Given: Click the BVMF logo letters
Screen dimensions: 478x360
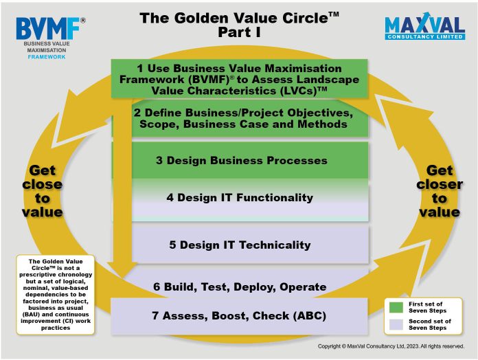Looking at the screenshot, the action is (x=48, y=28).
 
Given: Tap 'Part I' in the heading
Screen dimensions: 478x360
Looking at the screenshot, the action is (x=239, y=32).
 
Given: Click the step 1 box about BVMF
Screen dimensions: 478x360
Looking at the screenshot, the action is (x=239, y=78).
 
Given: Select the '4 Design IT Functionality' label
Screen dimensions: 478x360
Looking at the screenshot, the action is (x=240, y=198).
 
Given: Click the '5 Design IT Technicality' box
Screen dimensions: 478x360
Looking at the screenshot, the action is (x=250, y=245).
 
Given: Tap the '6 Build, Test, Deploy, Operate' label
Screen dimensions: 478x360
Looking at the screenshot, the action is (x=240, y=287).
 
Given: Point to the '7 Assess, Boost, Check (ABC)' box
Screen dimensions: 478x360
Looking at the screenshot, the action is (x=239, y=316).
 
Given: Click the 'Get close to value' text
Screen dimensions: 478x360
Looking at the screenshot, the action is (x=43, y=191).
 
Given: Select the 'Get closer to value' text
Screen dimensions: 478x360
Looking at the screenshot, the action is (x=440, y=191).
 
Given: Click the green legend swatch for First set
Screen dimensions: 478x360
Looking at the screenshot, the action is (x=396, y=307).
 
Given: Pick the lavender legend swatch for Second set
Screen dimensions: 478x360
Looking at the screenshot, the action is (x=396, y=325).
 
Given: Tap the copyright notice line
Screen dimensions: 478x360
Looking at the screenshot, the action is (x=391, y=346).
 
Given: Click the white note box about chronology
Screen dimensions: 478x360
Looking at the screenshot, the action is (x=56, y=295).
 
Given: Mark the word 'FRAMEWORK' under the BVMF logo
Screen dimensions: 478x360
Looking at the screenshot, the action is (x=47, y=57).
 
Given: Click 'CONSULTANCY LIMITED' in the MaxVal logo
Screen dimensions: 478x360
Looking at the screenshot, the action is (x=425, y=37).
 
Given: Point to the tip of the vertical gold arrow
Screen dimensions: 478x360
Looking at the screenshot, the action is (x=123, y=278).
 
